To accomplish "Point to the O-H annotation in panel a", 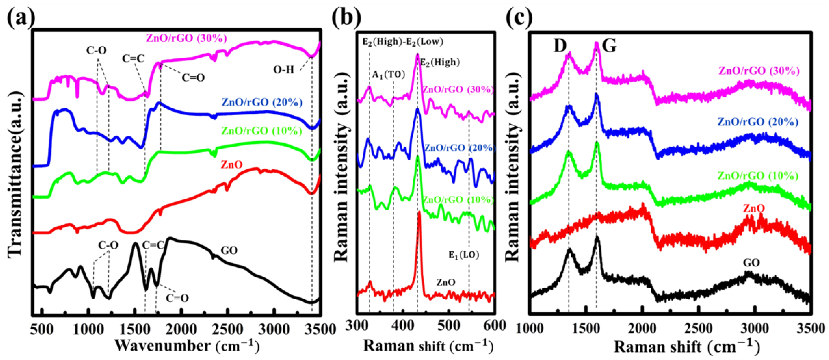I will (284, 70).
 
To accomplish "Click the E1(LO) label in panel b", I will (464, 255).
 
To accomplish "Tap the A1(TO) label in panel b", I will (388, 75).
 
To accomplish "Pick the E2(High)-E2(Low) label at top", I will (403, 42).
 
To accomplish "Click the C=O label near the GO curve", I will (177, 298).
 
